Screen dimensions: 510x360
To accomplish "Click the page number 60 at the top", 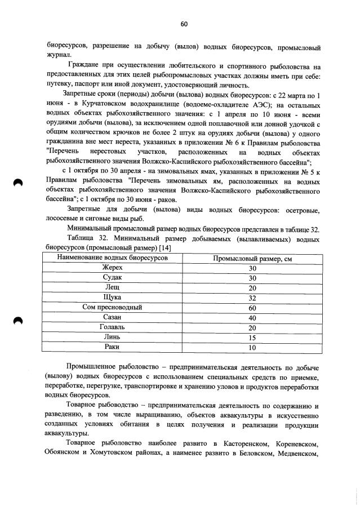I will (184, 24).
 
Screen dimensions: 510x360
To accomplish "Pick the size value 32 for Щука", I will (252, 298).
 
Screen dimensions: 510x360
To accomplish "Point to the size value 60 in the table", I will (252, 308).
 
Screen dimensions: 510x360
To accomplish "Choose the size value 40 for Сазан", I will (252, 318).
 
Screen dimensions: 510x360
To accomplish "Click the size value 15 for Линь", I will (252, 338).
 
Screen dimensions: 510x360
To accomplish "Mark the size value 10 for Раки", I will (252, 348).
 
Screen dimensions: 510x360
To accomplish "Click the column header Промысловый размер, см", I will (252, 258).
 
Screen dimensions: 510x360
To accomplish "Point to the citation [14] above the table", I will (165, 248).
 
